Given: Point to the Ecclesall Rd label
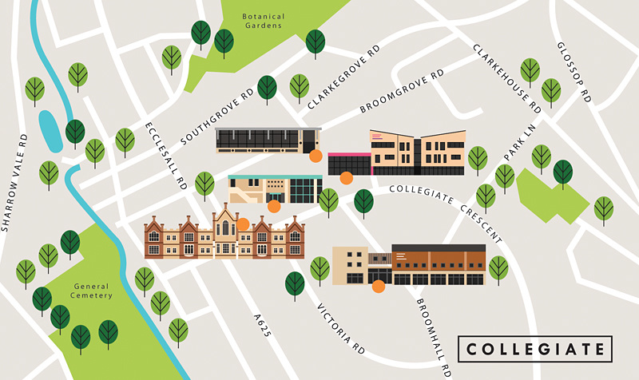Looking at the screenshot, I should (x=165, y=156).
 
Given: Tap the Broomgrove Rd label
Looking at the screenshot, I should (x=401, y=91).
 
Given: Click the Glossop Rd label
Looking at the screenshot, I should (x=573, y=72).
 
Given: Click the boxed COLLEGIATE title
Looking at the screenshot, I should (x=535, y=350).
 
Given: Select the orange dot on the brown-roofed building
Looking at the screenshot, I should (x=378, y=285).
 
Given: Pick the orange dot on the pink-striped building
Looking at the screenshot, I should (x=346, y=178).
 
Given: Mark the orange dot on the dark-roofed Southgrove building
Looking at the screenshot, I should (x=316, y=156).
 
